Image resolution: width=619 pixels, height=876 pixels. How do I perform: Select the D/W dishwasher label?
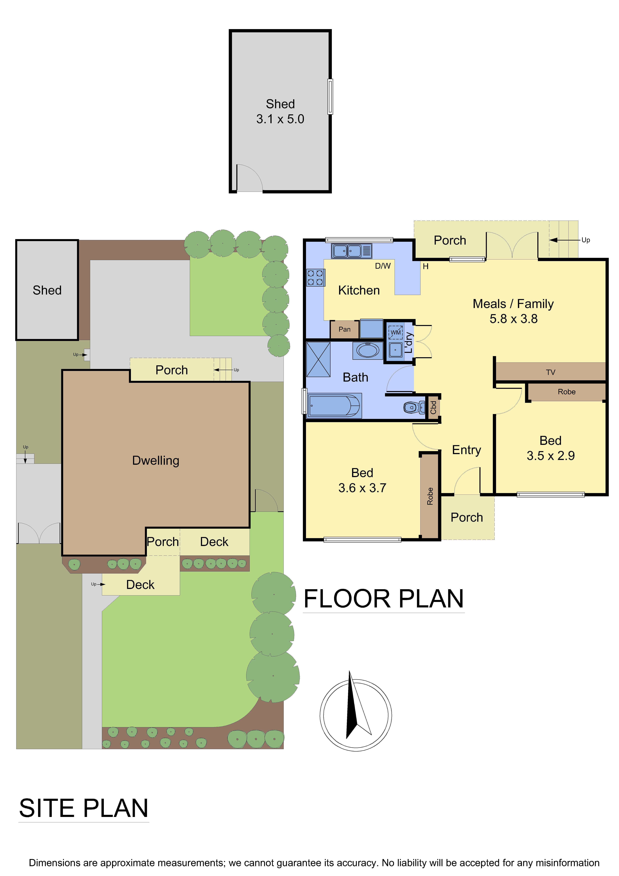pyautogui.click(x=383, y=266)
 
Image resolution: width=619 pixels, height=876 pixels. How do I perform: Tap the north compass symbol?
pyautogui.click(x=355, y=715)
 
